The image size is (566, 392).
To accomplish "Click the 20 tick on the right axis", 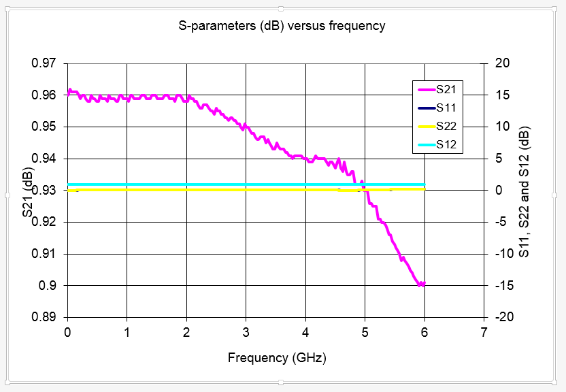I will click(x=502, y=63).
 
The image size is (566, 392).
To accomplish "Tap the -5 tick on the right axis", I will click(x=502, y=222).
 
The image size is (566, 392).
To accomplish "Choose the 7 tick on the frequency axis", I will click(x=484, y=332).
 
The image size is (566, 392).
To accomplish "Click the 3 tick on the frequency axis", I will click(x=246, y=332).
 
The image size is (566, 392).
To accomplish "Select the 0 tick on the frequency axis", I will click(x=67, y=332).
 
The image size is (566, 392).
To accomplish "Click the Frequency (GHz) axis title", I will click(x=276, y=357).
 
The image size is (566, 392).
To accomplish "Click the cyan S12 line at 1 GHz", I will click(x=127, y=184).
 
